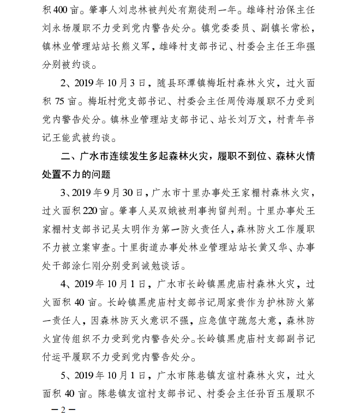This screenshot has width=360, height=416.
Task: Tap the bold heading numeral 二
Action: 67,157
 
